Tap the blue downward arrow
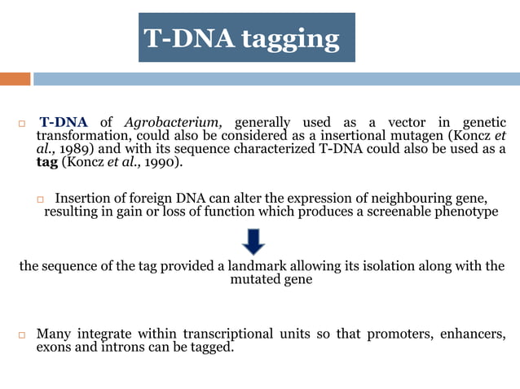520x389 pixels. (x=253, y=241)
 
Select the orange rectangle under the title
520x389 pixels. (x=15, y=79)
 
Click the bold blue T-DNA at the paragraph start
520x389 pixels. (x=64, y=123)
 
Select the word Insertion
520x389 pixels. (x=84, y=199)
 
